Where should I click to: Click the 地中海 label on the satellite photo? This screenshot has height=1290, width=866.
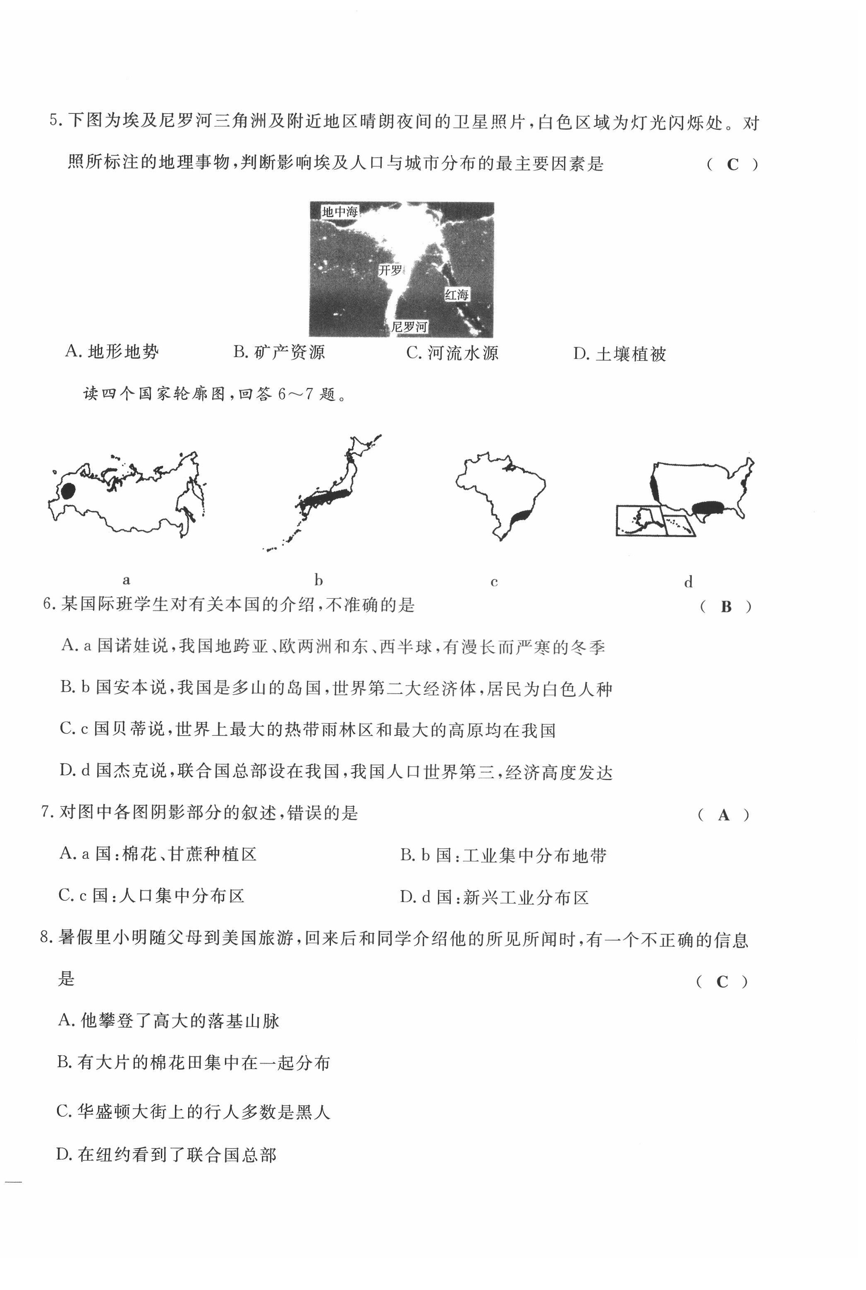pyautogui.click(x=340, y=211)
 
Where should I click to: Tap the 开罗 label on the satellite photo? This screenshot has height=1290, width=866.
pyautogui.click(x=390, y=270)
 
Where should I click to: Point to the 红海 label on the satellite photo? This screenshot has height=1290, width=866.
pyautogui.click(x=457, y=295)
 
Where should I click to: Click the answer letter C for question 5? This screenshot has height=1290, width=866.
pyautogui.click(x=732, y=165)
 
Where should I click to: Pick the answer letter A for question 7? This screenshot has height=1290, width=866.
pyautogui.click(x=723, y=815)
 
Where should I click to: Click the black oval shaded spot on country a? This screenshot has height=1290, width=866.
pyautogui.click(x=68, y=491)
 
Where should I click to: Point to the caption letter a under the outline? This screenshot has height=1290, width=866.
pyautogui.click(x=127, y=580)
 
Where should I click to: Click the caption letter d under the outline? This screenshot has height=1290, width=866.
pyautogui.click(x=688, y=582)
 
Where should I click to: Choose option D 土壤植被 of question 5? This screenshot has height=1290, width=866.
pyautogui.click(x=620, y=354)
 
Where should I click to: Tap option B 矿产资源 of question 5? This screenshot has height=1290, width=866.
pyautogui.click(x=279, y=352)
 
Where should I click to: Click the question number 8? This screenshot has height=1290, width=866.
pyautogui.click(x=46, y=938)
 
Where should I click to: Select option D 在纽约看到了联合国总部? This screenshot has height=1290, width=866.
pyautogui.click(x=166, y=1155)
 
